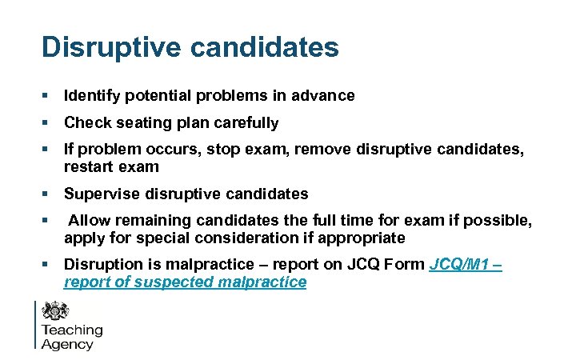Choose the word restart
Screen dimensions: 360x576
point(90,167)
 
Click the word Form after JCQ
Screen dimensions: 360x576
point(406,266)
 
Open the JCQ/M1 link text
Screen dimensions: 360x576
point(461,266)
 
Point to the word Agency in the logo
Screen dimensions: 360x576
point(67,345)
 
